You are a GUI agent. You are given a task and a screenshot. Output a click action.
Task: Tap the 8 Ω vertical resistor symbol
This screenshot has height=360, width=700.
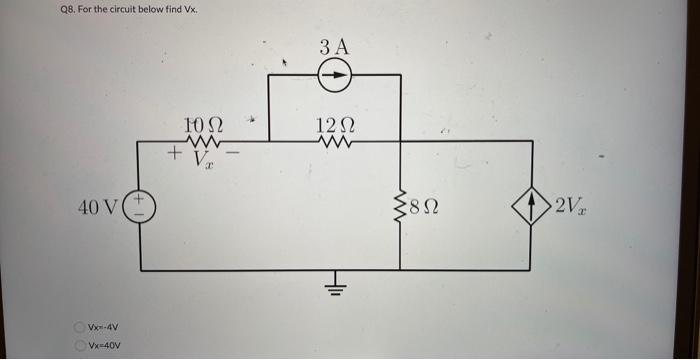[401, 206]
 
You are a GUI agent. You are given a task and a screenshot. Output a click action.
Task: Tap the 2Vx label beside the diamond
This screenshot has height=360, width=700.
[571, 207]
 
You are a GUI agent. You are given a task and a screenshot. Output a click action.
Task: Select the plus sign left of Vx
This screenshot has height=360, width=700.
[174, 155]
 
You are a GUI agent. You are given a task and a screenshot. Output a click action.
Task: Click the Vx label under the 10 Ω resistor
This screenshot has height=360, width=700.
[205, 159]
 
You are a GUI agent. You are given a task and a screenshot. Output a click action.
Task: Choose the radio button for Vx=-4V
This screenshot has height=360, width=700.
[78, 327]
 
